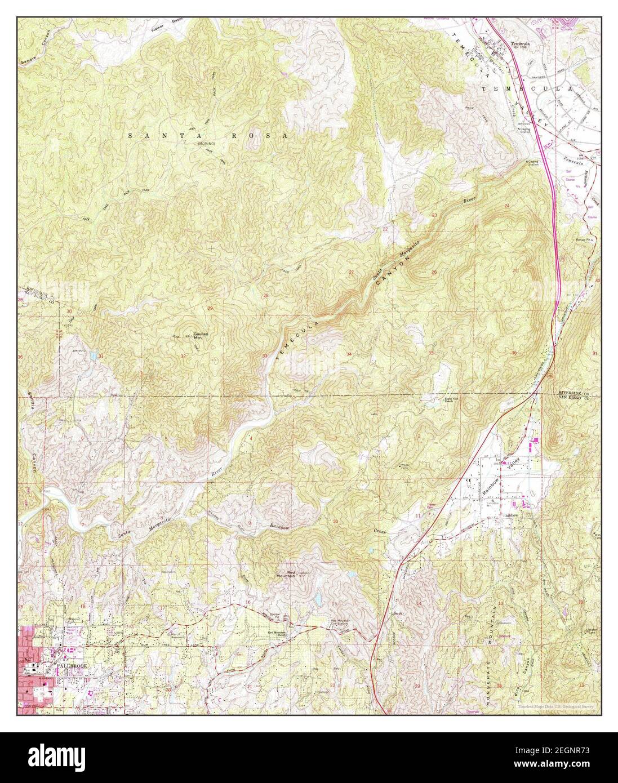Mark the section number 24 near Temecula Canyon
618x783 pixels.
506,206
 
